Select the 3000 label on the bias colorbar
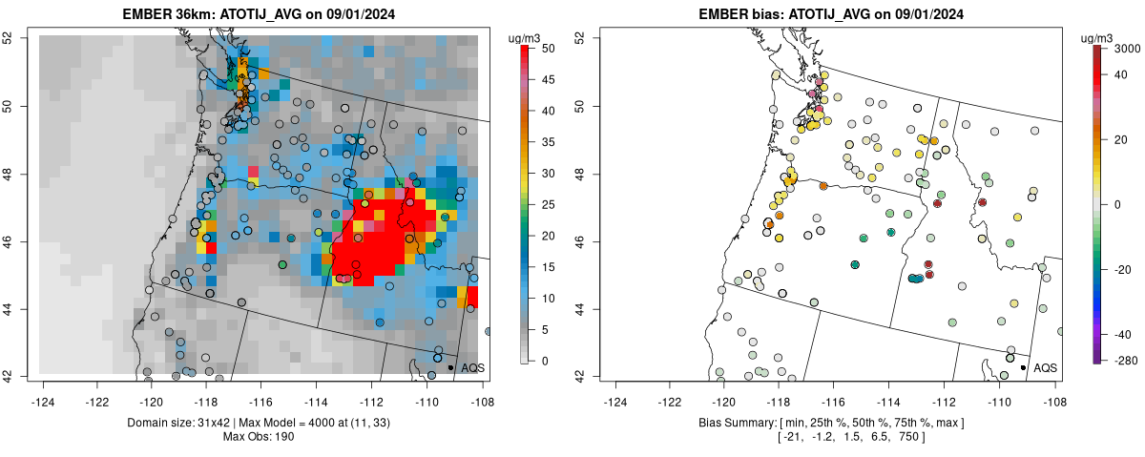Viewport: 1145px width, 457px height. pyautogui.click(x=1128, y=48)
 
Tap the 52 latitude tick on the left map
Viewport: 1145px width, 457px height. pyautogui.click(x=19, y=37)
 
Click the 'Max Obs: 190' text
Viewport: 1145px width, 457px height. pyautogui.click(x=261, y=437)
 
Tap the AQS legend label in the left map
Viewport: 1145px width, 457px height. pyautogui.click(x=473, y=367)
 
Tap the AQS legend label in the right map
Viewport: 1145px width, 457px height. pyautogui.click(x=1046, y=367)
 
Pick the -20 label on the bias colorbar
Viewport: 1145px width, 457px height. pyautogui.click(x=1124, y=269)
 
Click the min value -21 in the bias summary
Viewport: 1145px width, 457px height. pyautogui.click(x=791, y=437)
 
